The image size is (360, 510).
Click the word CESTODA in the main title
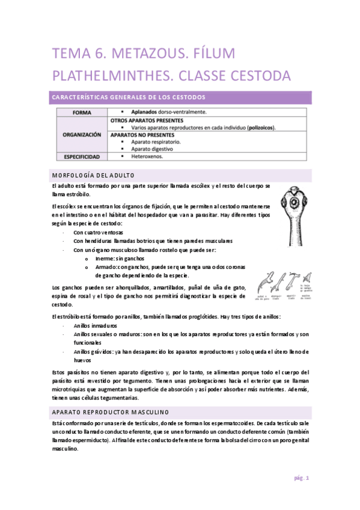(255, 76)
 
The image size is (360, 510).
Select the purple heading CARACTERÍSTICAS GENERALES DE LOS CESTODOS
(129, 97)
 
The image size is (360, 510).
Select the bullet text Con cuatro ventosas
(99, 232)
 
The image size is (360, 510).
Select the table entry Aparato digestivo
(147, 149)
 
